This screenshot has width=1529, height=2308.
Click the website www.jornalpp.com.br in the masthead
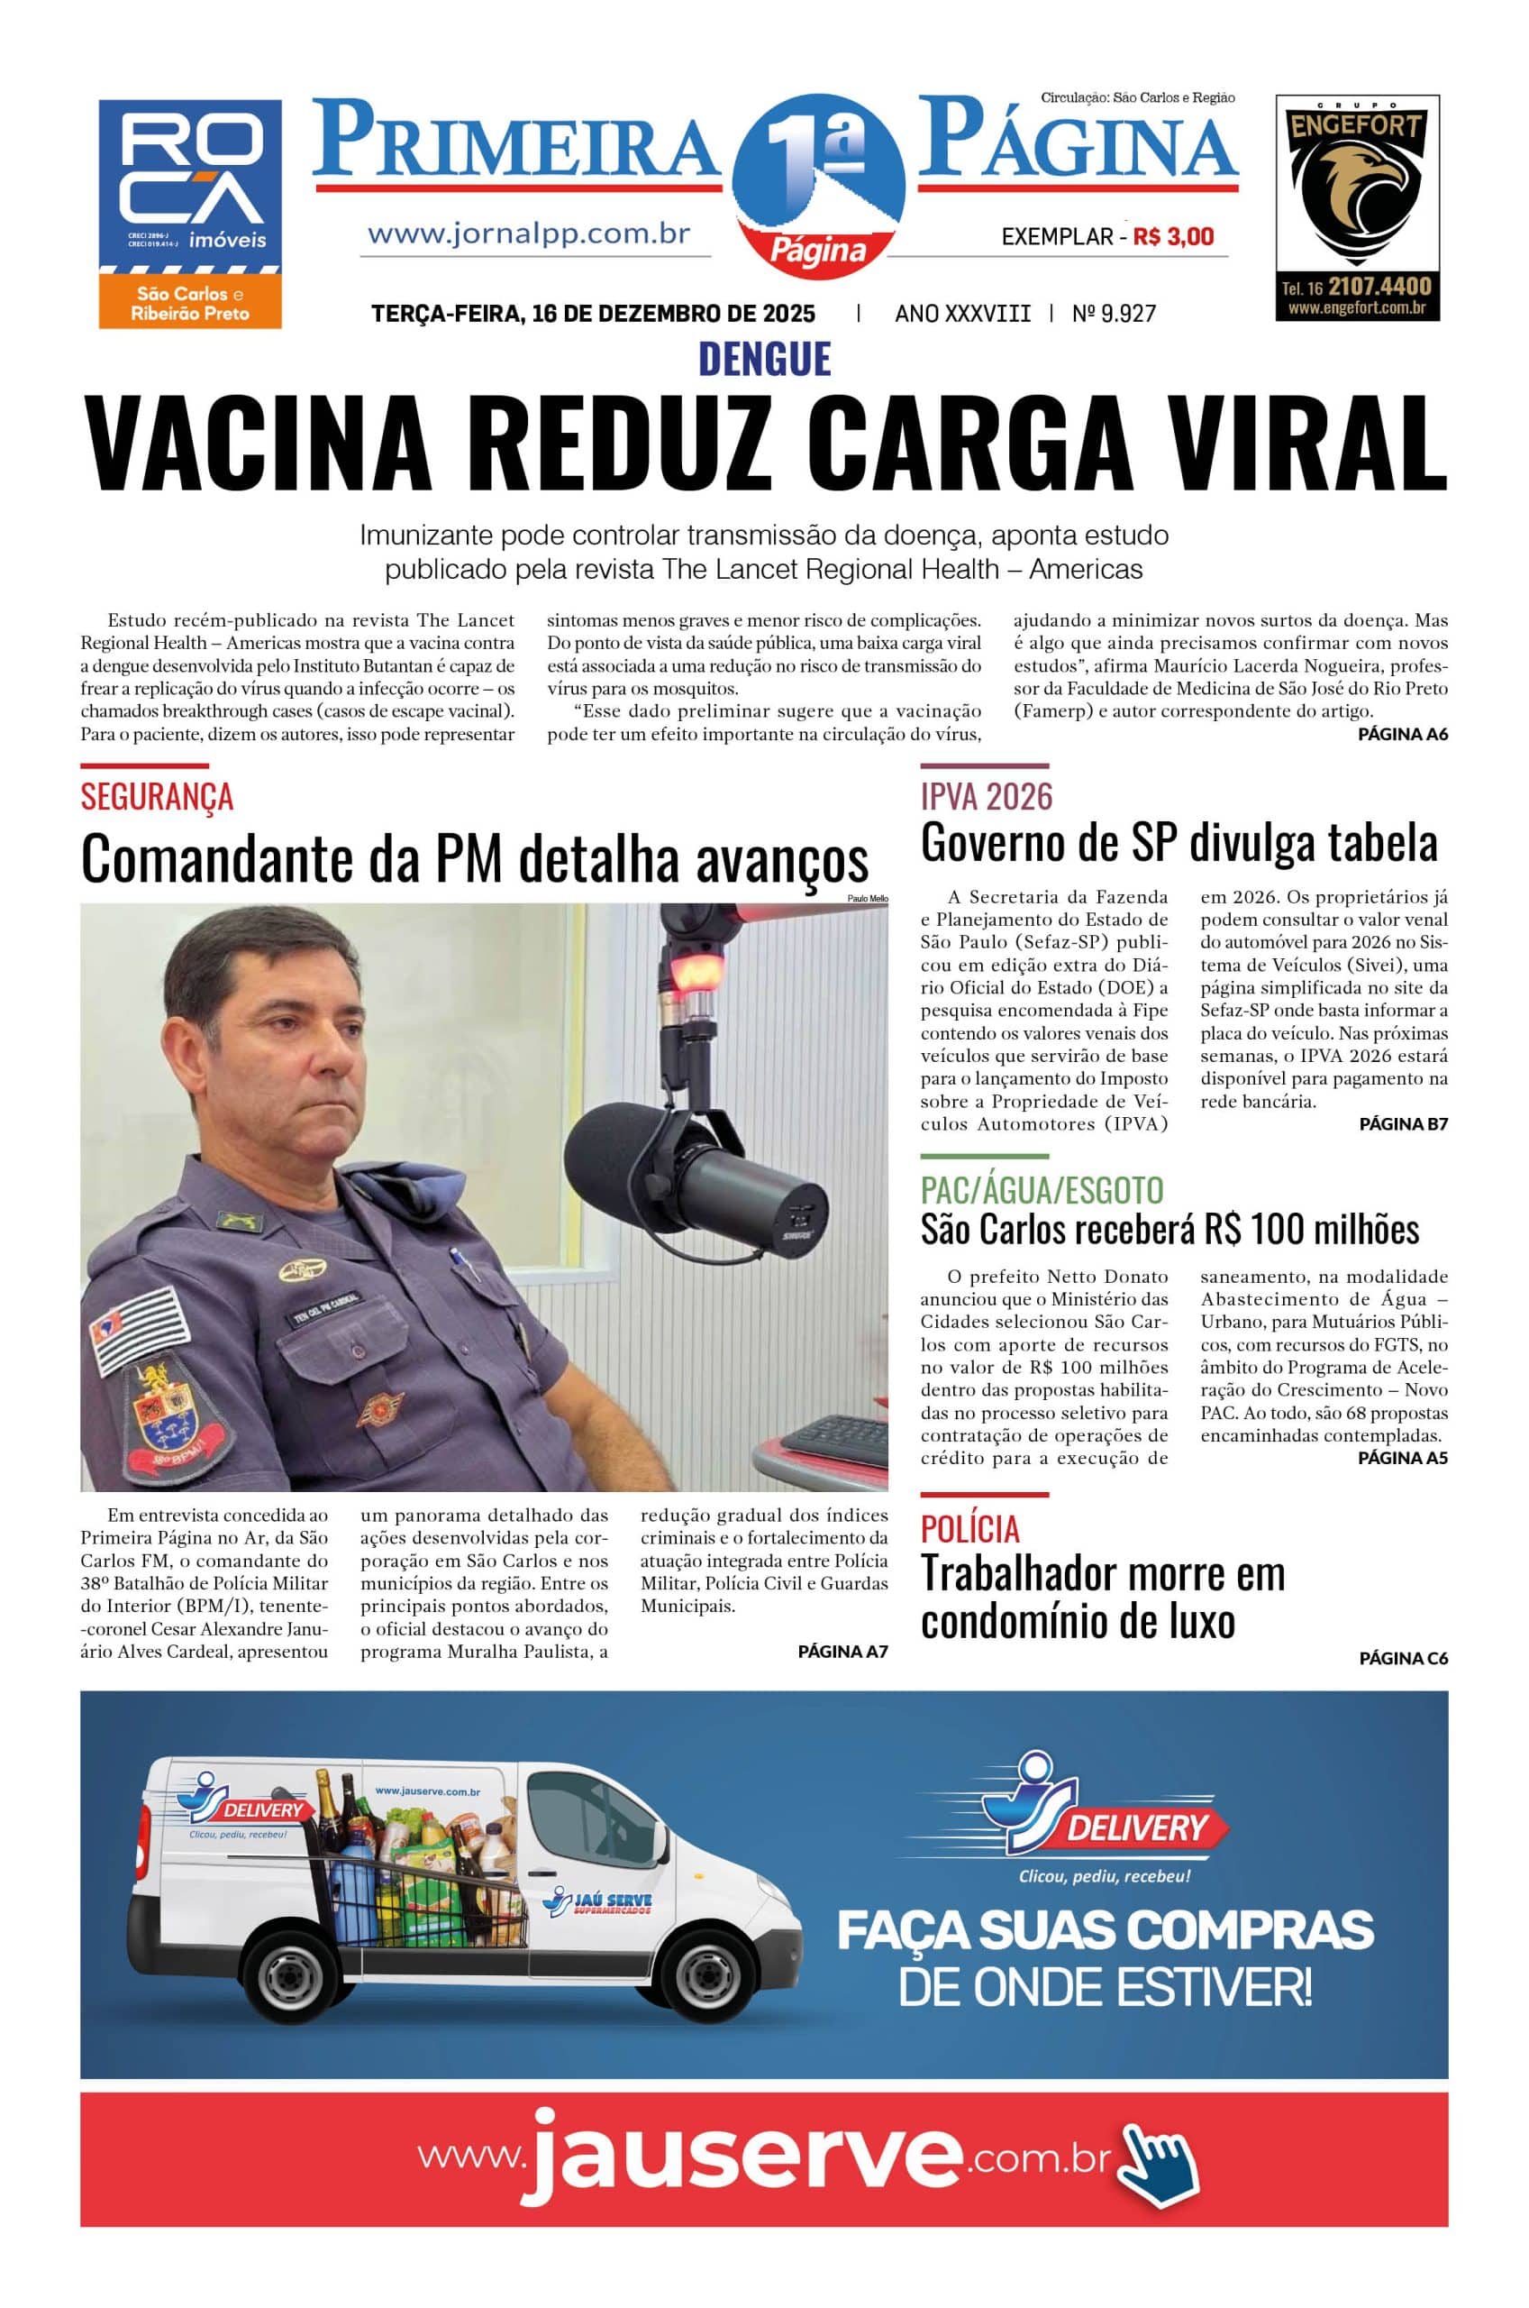tap(529, 234)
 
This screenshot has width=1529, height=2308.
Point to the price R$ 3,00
tap(1173, 236)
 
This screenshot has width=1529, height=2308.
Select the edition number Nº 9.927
tap(1114, 313)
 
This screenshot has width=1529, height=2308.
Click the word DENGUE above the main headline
tap(764, 359)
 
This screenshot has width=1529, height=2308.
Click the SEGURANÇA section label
tap(157, 796)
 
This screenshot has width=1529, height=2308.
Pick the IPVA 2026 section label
tap(986, 796)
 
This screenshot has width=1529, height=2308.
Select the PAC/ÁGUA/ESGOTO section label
tap(1042, 1190)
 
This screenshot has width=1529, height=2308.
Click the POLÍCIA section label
tap(969, 1528)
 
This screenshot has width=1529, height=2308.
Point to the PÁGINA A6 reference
tap(1402, 735)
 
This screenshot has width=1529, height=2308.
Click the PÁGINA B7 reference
tap(1402, 1123)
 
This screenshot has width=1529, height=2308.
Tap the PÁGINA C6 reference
tap(1402, 1657)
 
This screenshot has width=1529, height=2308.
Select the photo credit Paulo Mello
tap(867, 897)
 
